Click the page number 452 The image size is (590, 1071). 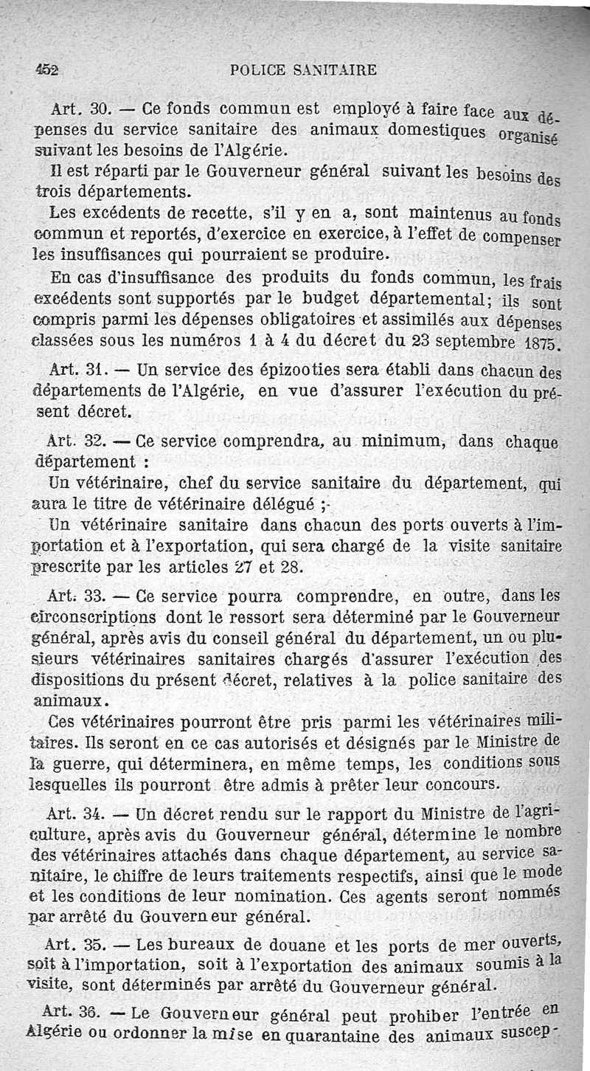47,70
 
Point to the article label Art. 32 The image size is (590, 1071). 76,443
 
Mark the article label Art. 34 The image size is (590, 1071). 74,816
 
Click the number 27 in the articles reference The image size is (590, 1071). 223,568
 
